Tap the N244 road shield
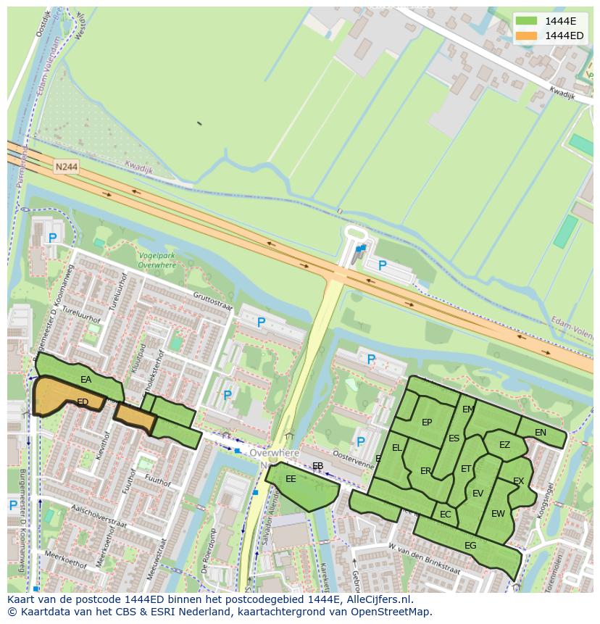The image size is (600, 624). click(66, 167)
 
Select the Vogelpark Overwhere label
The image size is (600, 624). click(157, 261)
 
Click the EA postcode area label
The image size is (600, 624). click(86, 380)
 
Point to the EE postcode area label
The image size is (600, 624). click(291, 479)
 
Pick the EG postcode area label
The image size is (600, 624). click(470, 546)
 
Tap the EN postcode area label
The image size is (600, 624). click(540, 433)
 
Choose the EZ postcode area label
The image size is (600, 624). click(504, 445)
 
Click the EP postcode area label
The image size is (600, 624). click(427, 423)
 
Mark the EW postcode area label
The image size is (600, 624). click(498, 514)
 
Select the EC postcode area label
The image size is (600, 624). click(445, 515)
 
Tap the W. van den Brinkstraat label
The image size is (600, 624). click(424, 557)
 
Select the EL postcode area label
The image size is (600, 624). click(396, 448)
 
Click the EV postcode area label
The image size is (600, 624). click(478, 494)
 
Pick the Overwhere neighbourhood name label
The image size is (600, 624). click(274, 453)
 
